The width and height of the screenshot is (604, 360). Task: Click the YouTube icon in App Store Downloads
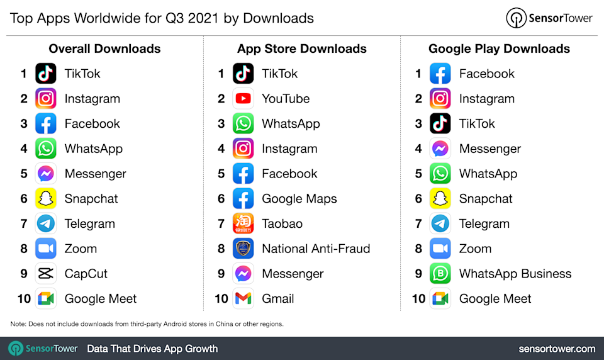point(243,99)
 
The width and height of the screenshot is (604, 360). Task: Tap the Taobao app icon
point(243,223)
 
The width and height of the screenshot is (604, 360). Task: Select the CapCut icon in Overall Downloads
point(46,274)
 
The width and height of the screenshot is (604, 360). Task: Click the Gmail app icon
point(243,299)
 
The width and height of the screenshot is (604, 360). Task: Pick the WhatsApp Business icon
point(440,274)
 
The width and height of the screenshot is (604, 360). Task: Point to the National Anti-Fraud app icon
point(243,249)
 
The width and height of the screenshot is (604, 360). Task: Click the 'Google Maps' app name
point(299,199)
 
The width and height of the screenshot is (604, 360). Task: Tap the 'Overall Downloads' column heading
point(104,49)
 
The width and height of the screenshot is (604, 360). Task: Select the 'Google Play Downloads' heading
point(499,49)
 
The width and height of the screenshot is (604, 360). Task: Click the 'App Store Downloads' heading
point(302,49)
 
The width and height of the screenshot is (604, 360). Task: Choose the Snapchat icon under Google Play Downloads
point(440,199)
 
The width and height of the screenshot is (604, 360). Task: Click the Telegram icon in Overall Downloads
point(46,223)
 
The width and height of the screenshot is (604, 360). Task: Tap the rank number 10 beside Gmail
point(221,299)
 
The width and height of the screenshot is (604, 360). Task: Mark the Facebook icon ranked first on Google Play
point(440,74)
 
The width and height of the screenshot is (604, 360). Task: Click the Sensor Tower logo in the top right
point(549,18)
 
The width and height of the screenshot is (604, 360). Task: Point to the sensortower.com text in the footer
point(557,349)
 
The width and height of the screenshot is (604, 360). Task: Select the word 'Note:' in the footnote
point(18,324)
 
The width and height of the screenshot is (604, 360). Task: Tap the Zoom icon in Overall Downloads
point(46,249)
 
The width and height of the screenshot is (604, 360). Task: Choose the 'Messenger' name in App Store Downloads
point(293,274)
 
